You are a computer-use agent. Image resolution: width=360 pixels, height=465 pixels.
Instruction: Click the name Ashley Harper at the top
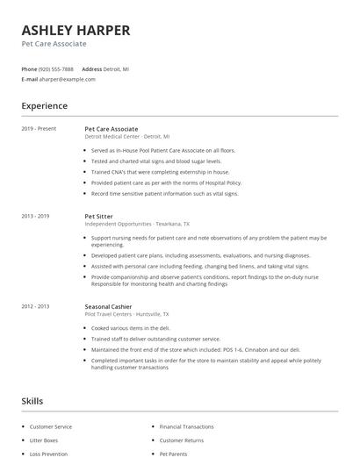[x=76, y=31]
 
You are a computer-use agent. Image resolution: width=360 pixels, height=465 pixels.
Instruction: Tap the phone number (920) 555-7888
[x=57, y=68]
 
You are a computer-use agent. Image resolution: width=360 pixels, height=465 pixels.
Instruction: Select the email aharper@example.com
[x=67, y=79]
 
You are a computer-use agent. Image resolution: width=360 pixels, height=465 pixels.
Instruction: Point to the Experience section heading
[x=44, y=106]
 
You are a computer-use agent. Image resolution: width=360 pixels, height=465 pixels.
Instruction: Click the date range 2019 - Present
[x=39, y=129]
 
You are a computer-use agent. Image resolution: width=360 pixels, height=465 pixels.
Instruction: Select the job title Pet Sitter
[x=98, y=216]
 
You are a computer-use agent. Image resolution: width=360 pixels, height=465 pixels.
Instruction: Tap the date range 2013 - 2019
[x=36, y=216]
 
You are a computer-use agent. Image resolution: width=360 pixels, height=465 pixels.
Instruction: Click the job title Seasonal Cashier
[x=109, y=306]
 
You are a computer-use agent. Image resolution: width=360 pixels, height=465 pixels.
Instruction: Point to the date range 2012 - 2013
[x=36, y=306]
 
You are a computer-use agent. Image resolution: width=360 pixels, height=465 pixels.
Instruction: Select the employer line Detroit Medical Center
[x=127, y=137]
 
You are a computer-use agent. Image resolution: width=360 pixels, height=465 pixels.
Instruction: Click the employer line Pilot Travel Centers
[x=126, y=314]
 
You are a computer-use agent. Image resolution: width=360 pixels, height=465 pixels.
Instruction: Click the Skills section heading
[x=32, y=401]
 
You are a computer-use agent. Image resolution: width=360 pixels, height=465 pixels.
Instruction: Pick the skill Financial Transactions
[x=186, y=426]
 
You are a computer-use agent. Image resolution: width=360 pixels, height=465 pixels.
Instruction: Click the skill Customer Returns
[x=181, y=440]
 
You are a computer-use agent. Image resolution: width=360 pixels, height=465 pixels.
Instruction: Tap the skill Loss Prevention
[x=48, y=454]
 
